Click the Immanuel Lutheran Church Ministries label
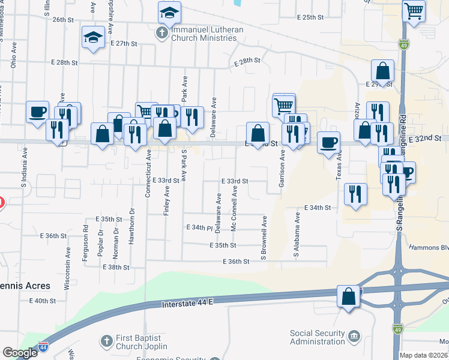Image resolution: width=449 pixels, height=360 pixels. pyautogui.click(x=204, y=34)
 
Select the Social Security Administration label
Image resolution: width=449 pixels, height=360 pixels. pyautogui.click(x=318, y=337)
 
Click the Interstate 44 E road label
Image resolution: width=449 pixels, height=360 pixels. pyautogui.click(x=187, y=305)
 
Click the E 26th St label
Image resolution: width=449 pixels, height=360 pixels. pyautogui.click(x=62, y=20)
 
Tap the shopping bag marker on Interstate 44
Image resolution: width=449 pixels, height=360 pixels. pyautogui.click(x=349, y=296)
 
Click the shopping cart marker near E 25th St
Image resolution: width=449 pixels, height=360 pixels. pyautogui.click(x=414, y=10)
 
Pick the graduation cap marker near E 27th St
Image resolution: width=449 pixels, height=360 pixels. pyautogui.click(x=94, y=38)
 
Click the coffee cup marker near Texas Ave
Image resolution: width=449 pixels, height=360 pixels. pyautogui.click(x=328, y=143)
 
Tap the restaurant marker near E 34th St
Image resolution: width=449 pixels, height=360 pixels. pyautogui.click(x=355, y=194)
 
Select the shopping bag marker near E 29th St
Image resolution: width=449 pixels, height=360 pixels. pyautogui.click(x=382, y=71)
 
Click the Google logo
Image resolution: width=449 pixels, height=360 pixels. pyautogui.click(x=20, y=353)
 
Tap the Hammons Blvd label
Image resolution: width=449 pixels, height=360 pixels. pyautogui.click(x=429, y=247)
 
